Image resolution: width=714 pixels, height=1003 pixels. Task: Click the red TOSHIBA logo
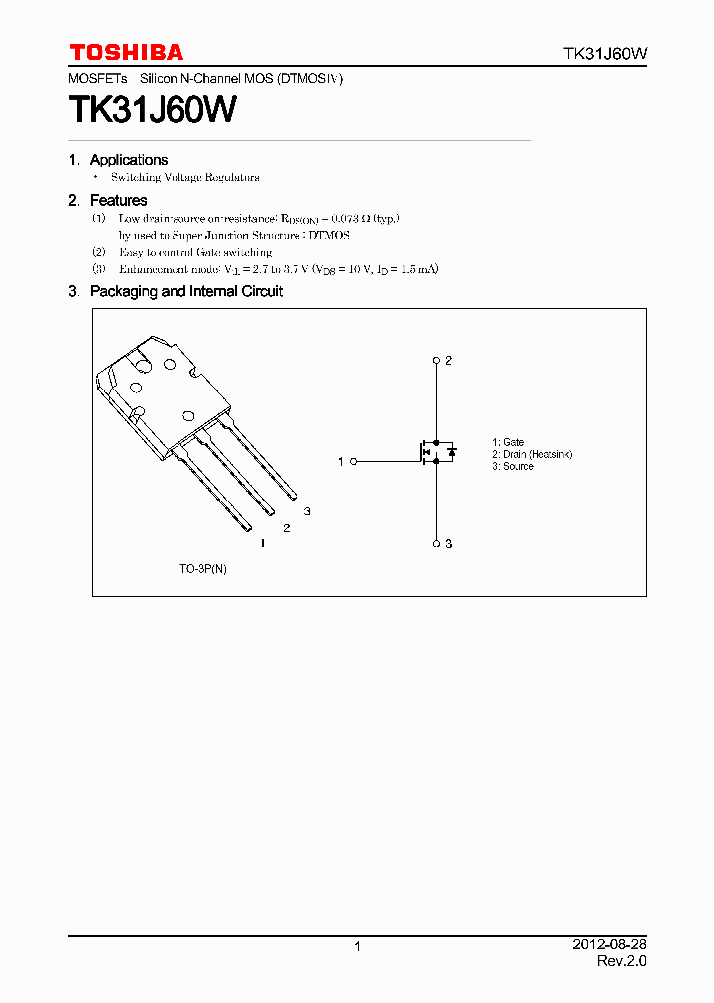[126, 53]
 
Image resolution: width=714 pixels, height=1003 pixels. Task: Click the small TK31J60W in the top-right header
[605, 55]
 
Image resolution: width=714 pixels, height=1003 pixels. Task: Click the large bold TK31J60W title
[153, 109]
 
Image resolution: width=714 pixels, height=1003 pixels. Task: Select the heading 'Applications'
[129, 160]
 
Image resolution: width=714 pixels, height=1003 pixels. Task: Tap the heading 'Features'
[118, 200]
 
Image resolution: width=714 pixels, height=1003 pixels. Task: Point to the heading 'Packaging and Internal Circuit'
[186, 291]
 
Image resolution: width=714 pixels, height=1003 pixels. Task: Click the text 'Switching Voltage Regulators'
[185, 177]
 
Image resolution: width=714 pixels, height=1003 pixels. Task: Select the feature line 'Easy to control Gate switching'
[195, 252]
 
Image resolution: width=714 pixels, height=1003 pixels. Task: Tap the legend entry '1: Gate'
[508, 442]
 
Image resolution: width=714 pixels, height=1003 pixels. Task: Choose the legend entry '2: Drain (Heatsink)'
[533, 454]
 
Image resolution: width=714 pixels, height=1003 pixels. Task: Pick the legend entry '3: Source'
[513, 466]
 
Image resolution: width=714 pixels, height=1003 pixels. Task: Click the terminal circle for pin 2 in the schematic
[436, 360]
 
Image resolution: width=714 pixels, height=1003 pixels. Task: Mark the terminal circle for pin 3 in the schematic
[436, 543]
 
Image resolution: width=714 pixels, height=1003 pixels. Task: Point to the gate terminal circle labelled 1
[354, 461]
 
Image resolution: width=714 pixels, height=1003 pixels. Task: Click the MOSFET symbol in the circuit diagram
[436, 453]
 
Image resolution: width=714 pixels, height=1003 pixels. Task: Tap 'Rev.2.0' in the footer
[622, 961]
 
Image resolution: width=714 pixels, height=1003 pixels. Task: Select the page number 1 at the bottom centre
[357, 947]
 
